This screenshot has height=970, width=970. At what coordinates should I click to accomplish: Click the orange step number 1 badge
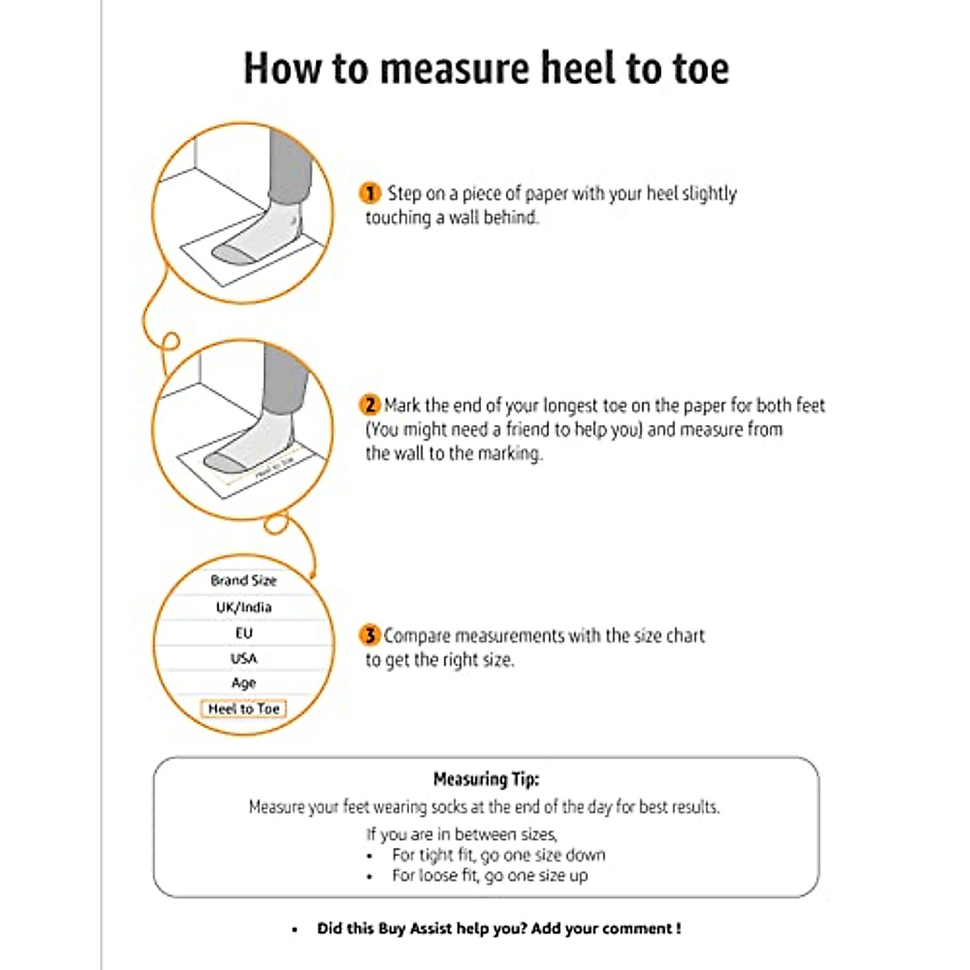pos(369,194)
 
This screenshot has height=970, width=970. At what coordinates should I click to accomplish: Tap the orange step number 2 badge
pos(369,405)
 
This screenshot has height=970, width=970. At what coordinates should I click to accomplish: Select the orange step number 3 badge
pos(369,635)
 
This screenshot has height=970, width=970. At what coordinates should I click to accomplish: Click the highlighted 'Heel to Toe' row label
pos(243,709)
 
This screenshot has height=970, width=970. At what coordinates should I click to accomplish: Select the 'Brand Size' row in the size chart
pos(243,580)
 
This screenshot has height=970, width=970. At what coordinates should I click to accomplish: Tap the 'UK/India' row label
pos(243,607)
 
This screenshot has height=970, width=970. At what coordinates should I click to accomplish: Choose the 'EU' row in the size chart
pos(243,633)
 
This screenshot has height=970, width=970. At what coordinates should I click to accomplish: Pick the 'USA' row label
pos(243,658)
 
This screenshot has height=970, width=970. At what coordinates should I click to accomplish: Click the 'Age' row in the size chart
pos(243,683)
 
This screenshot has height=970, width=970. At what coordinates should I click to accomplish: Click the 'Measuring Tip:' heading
pos(486,779)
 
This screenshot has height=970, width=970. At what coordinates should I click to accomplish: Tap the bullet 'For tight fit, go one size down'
pos(498,855)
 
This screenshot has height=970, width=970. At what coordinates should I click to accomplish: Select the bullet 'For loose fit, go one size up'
pos(490,875)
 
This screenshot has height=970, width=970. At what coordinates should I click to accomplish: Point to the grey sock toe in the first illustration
pos(230,255)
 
